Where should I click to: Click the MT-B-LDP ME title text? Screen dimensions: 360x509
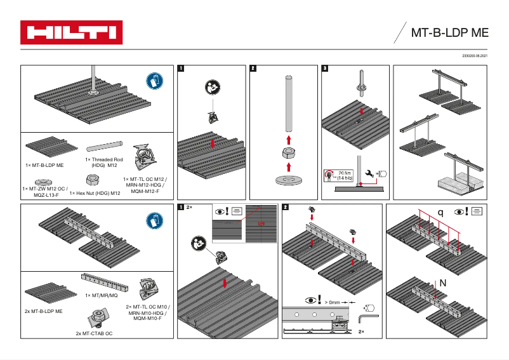click(x=450, y=33)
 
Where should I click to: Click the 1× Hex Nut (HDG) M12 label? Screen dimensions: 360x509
click(x=95, y=193)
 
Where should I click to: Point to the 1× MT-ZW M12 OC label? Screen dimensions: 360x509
click(x=44, y=189)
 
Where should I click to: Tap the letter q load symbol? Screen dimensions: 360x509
click(x=440, y=212)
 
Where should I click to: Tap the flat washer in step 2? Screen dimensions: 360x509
click(x=288, y=180)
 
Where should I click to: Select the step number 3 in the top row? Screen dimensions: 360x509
click(x=325, y=69)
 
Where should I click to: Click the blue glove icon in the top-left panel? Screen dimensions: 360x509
click(x=154, y=81)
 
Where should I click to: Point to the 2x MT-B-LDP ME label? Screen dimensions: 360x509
click(x=43, y=312)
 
